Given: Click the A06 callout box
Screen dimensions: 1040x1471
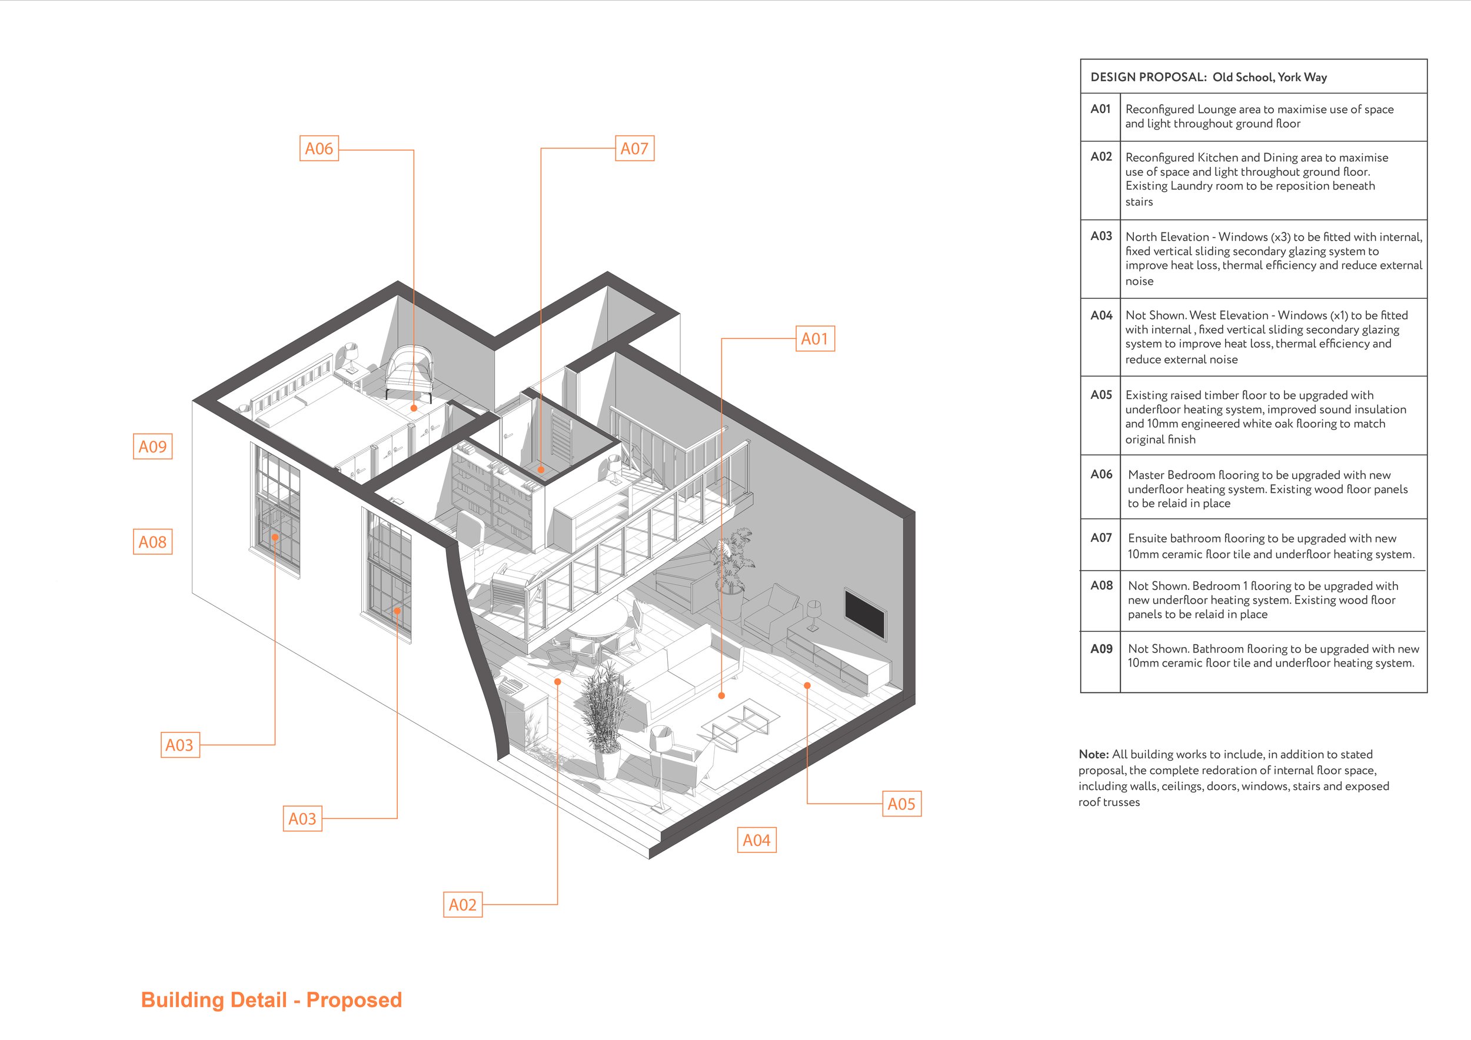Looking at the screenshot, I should (318, 149).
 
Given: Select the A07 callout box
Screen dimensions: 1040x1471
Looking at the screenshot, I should (634, 149).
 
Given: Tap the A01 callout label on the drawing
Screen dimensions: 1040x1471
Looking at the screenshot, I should (814, 339).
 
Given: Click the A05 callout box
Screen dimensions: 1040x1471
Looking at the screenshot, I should (901, 804).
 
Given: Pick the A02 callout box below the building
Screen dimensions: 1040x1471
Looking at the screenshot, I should (462, 905).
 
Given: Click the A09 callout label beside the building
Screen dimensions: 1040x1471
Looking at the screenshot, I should (152, 446).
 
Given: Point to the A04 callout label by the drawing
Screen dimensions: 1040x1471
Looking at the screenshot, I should (756, 840).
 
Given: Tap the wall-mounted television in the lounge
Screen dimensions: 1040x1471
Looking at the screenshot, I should (865, 614).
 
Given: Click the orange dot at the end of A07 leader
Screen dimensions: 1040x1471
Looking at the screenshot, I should (541, 469).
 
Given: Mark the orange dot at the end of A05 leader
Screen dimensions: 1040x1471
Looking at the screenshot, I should (807, 685).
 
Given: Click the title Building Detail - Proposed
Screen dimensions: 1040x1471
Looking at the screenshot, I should (271, 999).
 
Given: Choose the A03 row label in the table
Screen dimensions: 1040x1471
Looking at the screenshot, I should (1101, 236).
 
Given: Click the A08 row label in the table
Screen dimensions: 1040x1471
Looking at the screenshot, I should (1101, 585).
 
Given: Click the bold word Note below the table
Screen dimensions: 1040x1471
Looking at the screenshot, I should (1093, 754).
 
